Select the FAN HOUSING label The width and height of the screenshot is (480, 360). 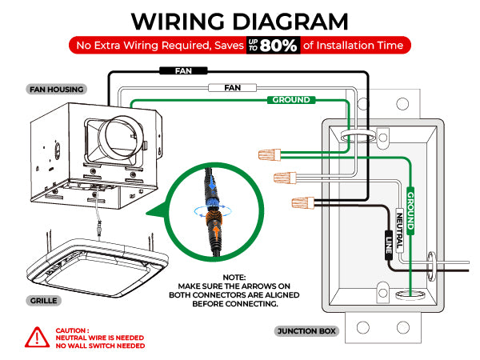point(55,90)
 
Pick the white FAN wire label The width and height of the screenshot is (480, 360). point(233,86)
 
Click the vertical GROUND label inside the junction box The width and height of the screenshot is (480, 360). point(410,210)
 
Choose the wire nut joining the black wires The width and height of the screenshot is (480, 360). point(302,202)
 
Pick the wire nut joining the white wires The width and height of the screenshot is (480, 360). point(286,177)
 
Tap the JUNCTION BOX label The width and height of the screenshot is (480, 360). point(306,330)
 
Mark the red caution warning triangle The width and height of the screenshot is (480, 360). point(34,338)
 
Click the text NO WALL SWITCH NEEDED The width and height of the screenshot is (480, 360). point(100,346)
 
